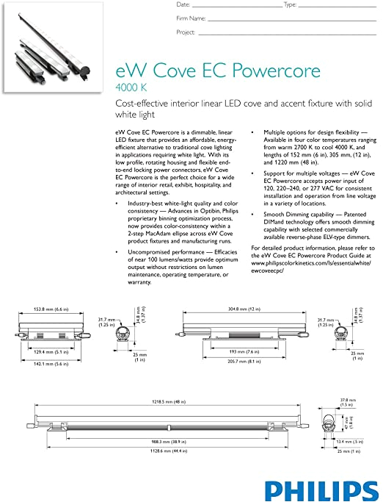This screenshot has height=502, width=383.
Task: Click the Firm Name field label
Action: click(x=191, y=18)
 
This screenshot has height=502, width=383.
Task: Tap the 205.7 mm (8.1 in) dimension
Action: click(x=232, y=363)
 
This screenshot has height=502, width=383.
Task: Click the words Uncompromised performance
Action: click(x=166, y=251)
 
